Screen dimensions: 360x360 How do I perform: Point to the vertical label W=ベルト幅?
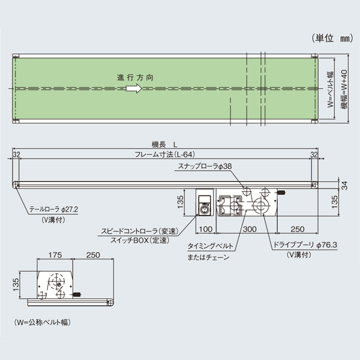(330, 89)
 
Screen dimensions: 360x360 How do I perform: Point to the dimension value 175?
(54, 255)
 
